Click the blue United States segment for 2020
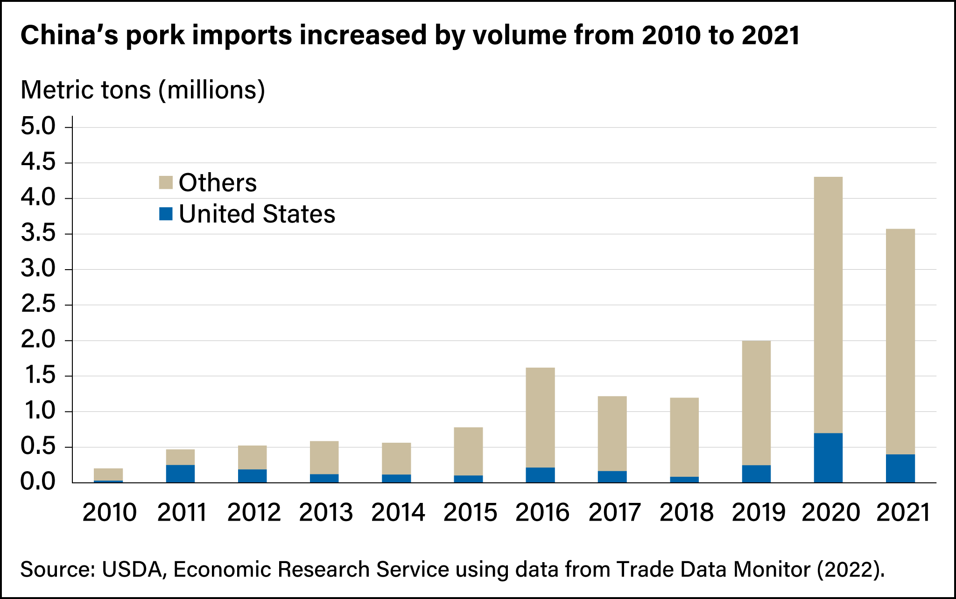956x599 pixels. [828, 458]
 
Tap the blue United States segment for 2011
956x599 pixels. [180, 474]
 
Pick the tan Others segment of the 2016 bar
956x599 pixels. [540, 418]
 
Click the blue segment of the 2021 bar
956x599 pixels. [900, 468]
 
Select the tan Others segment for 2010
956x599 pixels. [108, 474]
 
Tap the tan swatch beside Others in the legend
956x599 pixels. [166, 182]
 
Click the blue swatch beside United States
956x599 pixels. [166, 214]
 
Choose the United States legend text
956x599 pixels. [257, 214]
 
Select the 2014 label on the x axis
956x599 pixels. [398, 512]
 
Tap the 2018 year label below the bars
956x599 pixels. [686, 512]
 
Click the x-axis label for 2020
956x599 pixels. [830, 512]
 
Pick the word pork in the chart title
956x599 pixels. [155, 35]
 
